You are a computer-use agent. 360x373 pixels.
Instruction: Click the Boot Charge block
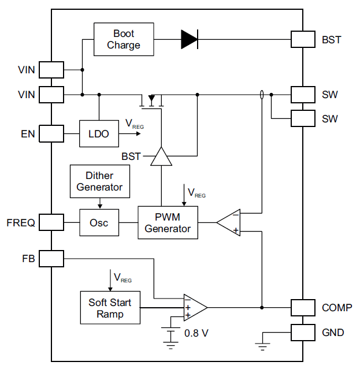pos(124,40)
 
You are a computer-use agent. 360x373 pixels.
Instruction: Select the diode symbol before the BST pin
pos(189,39)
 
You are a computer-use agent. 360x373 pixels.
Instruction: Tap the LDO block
pos(99,134)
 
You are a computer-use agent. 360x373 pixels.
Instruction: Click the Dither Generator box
pos(99,181)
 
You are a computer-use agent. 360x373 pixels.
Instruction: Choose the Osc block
pos(99,223)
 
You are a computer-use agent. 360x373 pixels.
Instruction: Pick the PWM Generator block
pos(168,223)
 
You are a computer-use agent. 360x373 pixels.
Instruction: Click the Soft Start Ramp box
pos(110,308)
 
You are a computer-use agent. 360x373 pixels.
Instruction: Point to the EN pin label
pos(27,135)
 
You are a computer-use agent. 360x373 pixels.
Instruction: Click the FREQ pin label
pos(21,222)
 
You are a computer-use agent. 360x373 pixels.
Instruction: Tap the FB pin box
pos(52,259)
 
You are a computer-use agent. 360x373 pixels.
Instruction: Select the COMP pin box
pos(303,308)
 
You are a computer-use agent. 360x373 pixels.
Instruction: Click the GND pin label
pos(333,333)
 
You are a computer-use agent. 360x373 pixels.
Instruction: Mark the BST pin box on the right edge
pos(303,39)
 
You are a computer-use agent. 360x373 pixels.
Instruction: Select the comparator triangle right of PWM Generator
pos(229,222)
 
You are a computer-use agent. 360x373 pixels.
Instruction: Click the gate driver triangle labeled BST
pos(161,156)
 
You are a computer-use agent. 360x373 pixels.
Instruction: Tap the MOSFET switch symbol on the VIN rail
pos(152,101)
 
